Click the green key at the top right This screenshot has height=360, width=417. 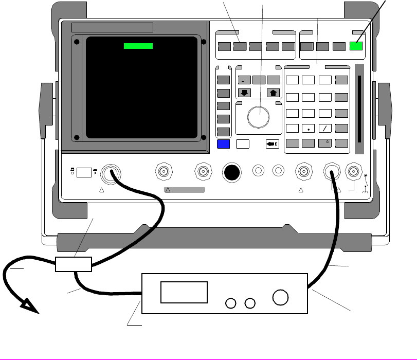356,46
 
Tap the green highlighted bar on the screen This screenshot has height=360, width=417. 139,46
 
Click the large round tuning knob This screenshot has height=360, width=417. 259,117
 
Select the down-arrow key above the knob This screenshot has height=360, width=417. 244,93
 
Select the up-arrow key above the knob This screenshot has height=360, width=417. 273,93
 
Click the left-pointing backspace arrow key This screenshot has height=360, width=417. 273,144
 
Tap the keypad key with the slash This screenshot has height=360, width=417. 325,129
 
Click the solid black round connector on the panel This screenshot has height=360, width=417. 232,173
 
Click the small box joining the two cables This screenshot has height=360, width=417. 74,264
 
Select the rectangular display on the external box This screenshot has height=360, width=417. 184,292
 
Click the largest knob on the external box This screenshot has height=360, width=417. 281,298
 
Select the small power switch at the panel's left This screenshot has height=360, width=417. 83,173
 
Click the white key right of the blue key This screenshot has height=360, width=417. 243,144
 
